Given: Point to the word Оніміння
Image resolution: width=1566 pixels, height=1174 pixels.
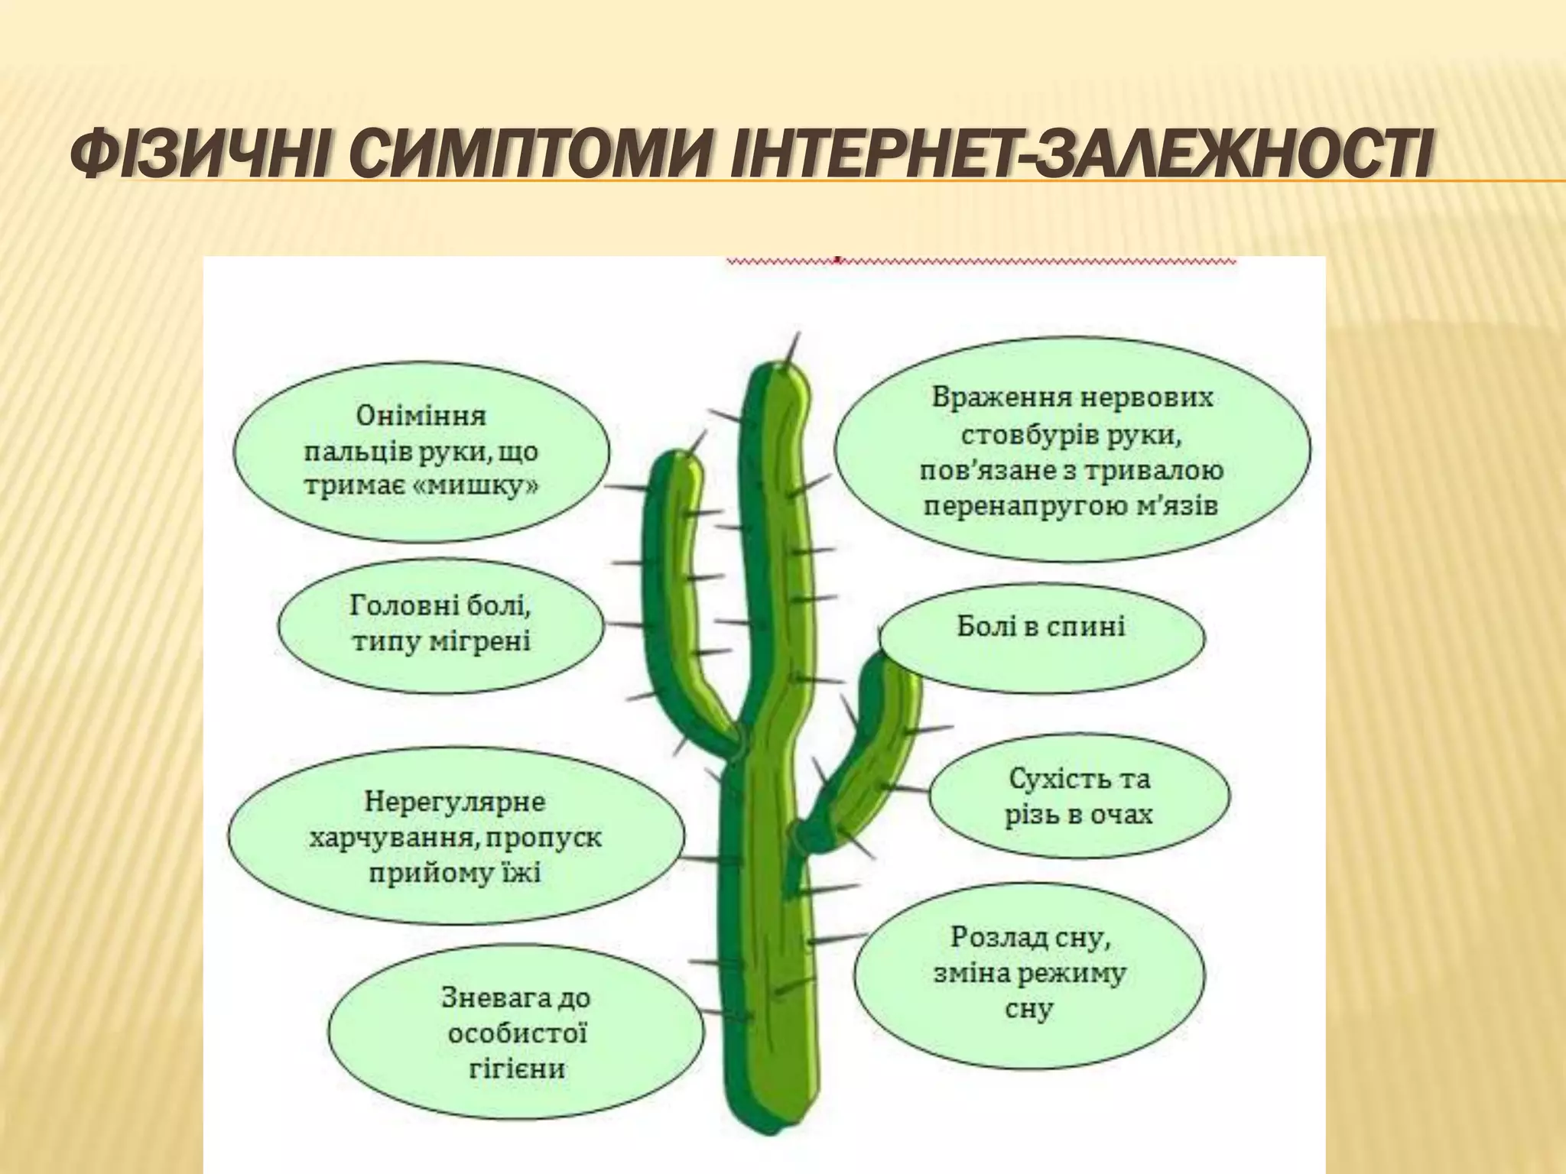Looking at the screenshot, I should pyautogui.click(x=421, y=416).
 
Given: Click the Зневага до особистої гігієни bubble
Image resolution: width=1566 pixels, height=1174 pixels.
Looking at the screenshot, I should pyautogui.click(x=516, y=1032).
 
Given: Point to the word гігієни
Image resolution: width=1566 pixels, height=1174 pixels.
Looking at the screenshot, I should pyautogui.click(x=516, y=1068).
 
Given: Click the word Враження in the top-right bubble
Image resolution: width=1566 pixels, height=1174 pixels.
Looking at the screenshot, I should pyautogui.click(x=993, y=398).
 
